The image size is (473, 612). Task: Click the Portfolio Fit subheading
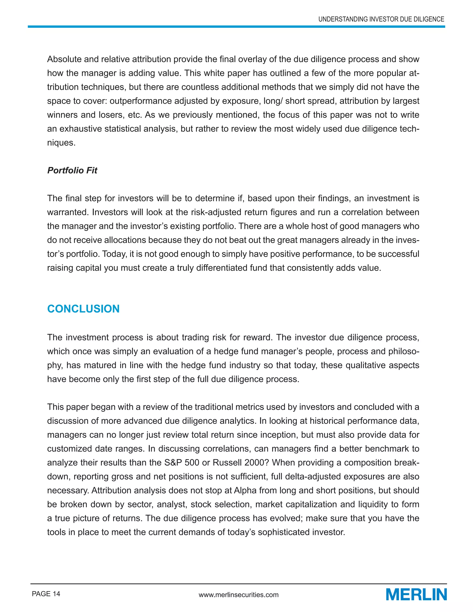[x=72, y=170]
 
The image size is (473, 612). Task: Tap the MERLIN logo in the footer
[x=416, y=595]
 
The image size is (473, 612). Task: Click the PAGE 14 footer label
[x=46, y=594]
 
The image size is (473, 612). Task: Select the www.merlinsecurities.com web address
[x=238, y=595]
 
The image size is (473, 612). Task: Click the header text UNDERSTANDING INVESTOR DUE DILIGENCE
[x=381, y=19]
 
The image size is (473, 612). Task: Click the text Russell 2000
[x=238, y=462]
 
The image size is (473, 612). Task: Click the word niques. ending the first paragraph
[x=61, y=143]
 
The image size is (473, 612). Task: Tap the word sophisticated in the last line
[x=284, y=532]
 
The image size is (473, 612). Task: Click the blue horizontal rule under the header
[x=236, y=27]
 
